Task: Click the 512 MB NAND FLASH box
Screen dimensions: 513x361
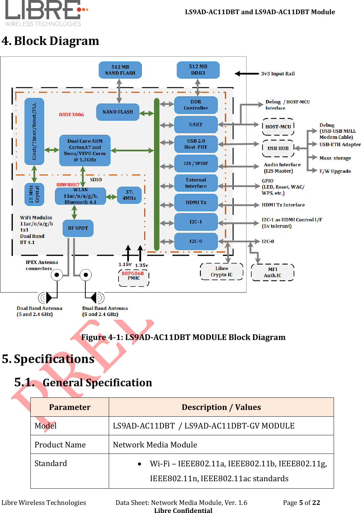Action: [120, 70]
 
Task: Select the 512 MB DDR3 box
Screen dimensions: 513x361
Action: [198, 70]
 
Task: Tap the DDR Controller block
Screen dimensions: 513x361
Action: [196, 105]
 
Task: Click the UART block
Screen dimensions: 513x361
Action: [196, 125]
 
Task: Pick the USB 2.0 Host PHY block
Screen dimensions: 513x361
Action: [196, 144]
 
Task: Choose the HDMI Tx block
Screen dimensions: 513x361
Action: [196, 202]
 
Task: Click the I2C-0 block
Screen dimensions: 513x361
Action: [196, 241]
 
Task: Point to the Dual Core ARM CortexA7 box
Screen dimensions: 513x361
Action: [85, 150]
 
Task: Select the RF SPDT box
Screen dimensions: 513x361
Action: [78, 228]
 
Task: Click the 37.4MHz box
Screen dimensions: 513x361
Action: [129, 195]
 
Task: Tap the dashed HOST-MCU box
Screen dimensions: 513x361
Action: [278, 127]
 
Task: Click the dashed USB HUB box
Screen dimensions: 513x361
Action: [278, 148]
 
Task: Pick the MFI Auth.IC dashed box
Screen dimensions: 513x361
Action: [273, 272]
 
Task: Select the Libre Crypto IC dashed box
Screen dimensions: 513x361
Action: [222, 272]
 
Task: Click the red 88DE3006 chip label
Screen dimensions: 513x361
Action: [71, 115]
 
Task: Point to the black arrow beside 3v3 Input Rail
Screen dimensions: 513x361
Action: [247, 74]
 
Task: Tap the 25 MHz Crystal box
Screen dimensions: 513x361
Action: [34, 194]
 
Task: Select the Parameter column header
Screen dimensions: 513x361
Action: [70, 407]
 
